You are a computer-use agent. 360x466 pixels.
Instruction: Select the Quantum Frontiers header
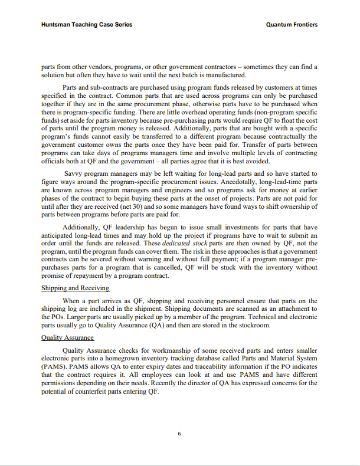292,25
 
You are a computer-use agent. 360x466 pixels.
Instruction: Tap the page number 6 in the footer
179,434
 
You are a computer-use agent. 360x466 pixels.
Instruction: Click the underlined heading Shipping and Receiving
75,288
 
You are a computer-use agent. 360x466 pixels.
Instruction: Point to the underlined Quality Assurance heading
67,337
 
